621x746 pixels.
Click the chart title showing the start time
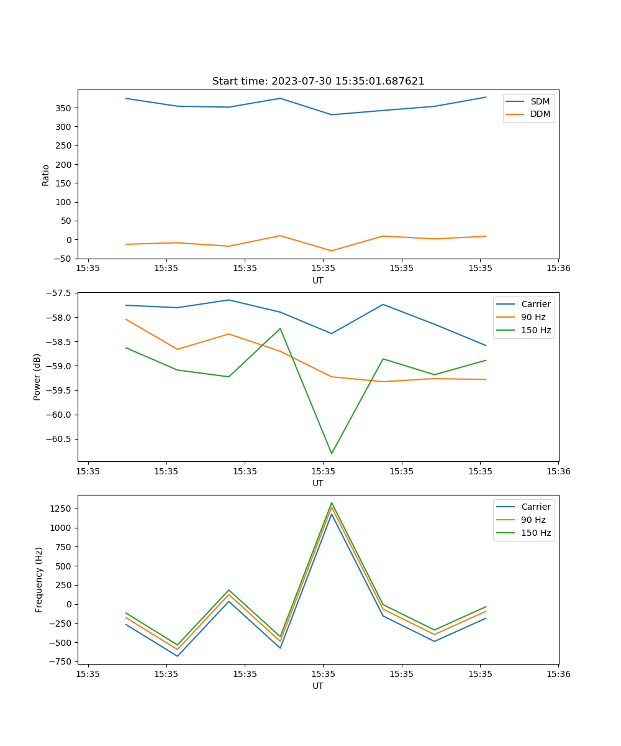click(318, 81)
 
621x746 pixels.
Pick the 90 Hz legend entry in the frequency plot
click(533, 520)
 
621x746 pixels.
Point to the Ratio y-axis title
click(45, 175)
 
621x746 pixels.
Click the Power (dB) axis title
click(37, 377)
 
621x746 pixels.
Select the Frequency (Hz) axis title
click(39, 579)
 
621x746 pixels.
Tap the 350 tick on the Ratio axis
click(65, 108)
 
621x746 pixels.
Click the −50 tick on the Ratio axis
click(63, 259)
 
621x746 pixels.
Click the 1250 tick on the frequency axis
click(62, 509)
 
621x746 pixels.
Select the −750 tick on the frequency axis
click(61, 661)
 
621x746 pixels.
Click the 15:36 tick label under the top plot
click(558, 269)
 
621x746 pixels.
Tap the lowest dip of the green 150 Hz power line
click(331, 453)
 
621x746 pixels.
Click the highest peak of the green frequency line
click(331, 503)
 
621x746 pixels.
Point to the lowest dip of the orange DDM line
click(331, 251)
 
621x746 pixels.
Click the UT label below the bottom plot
click(318, 686)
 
